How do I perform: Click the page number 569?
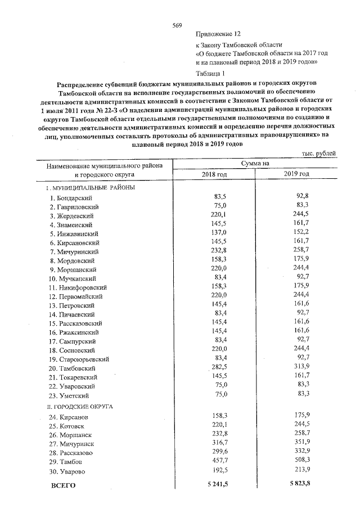tap(177, 25)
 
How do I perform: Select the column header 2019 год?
tap(296, 174)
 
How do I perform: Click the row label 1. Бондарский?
tap(71, 198)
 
